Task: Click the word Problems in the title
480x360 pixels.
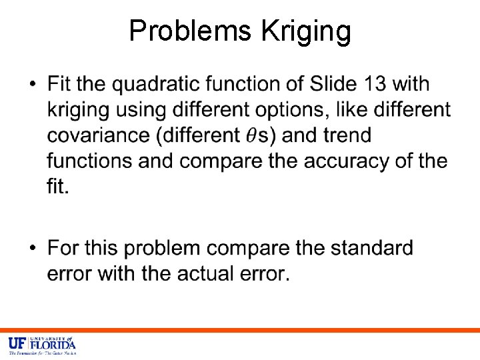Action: [188, 31]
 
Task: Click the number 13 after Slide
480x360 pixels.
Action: [373, 85]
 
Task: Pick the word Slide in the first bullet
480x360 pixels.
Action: [335, 85]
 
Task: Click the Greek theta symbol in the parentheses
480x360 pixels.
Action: [249, 135]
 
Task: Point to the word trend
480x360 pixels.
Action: [347, 135]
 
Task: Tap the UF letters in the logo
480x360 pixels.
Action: [17, 345]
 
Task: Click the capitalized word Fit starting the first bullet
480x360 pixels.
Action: [60, 85]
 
